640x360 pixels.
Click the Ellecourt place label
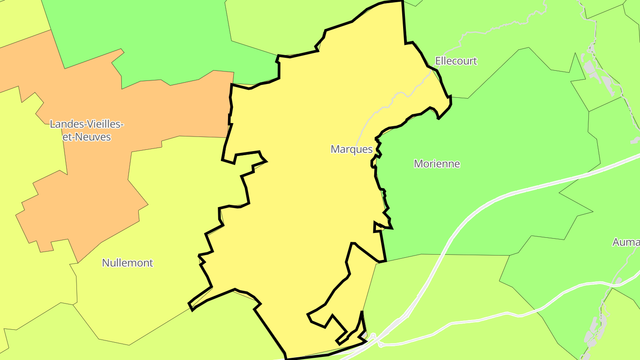click(x=456, y=61)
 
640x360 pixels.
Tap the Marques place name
click(x=351, y=149)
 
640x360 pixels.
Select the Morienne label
click(x=437, y=164)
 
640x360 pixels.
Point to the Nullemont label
click(x=128, y=263)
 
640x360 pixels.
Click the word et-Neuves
click(x=87, y=137)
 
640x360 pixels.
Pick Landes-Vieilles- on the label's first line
click(x=87, y=124)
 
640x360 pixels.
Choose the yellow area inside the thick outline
click(x=302, y=200)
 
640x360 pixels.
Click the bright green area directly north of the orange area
click(x=156, y=36)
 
